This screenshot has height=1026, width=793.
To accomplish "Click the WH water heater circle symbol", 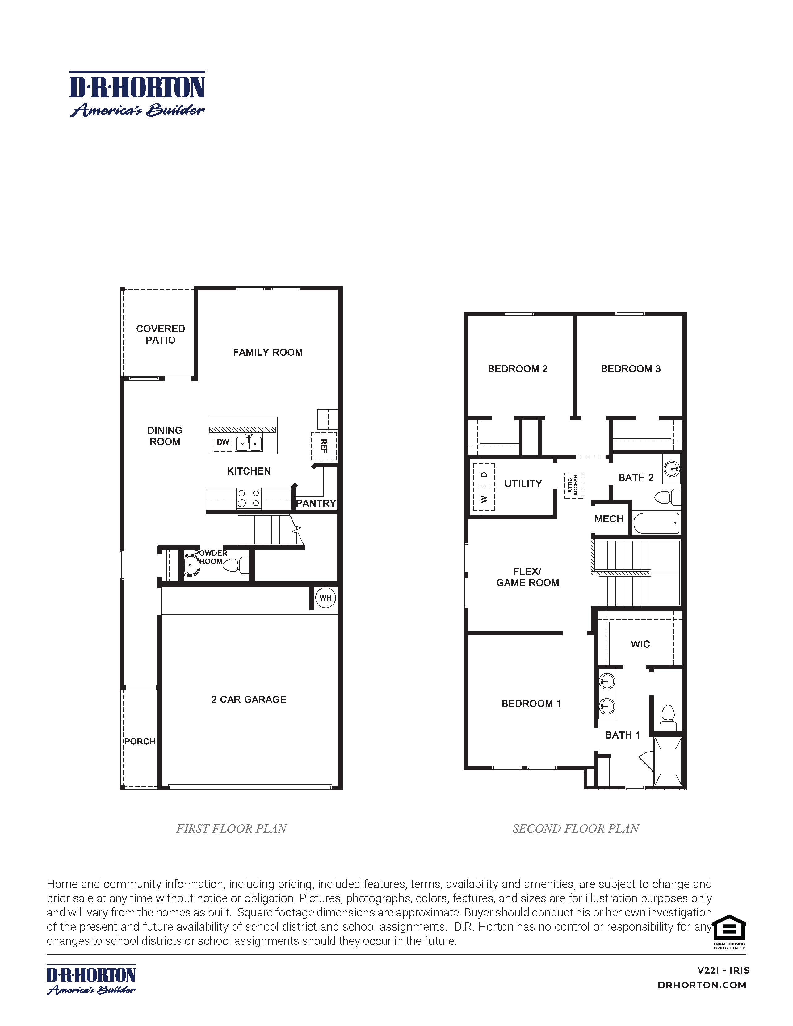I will (325, 598).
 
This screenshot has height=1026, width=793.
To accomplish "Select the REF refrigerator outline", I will (323, 446).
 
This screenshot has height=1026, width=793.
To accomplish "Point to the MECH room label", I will (609, 519).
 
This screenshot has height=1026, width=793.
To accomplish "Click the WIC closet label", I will (640, 644).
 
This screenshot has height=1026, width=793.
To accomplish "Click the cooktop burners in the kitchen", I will (249, 498).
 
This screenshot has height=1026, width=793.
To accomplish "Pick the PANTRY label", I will (316, 503).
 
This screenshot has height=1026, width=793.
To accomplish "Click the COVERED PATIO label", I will (160, 334).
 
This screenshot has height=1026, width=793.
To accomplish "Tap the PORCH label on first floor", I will (140, 741).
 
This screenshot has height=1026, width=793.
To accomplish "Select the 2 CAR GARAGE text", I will (249, 700).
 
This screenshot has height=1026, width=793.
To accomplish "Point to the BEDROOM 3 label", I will (631, 369).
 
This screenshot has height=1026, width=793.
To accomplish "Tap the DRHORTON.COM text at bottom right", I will (702, 985).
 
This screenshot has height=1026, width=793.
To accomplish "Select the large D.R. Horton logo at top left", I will (137, 94).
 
